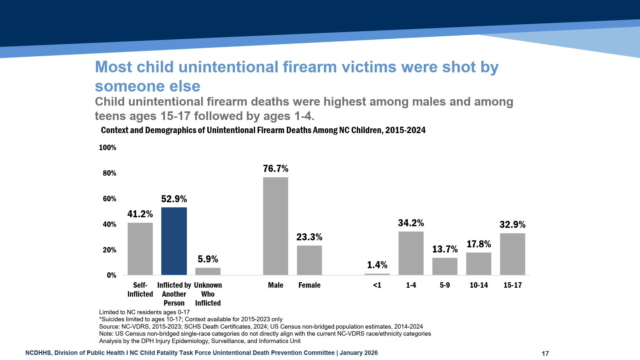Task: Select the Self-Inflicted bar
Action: tap(140, 249)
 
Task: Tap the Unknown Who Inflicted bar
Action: tap(208, 271)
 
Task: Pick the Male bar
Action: tap(276, 226)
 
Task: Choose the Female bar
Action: tap(309, 260)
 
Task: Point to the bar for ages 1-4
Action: tap(411, 253)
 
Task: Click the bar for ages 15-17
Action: tap(512, 254)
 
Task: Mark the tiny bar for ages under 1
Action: tap(377, 274)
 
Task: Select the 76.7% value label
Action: tap(276, 169)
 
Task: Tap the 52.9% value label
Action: tap(174, 199)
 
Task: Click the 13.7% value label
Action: tap(445, 249)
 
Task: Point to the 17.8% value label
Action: tap(479, 244)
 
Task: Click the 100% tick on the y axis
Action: tap(108, 148)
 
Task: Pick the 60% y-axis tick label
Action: tap(109, 199)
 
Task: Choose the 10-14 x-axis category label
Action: tap(479, 285)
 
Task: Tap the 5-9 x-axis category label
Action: tap(445, 285)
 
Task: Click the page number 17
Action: tap(545, 353)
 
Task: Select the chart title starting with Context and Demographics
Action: tap(263, 130)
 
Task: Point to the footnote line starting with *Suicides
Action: tap(191, 319)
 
